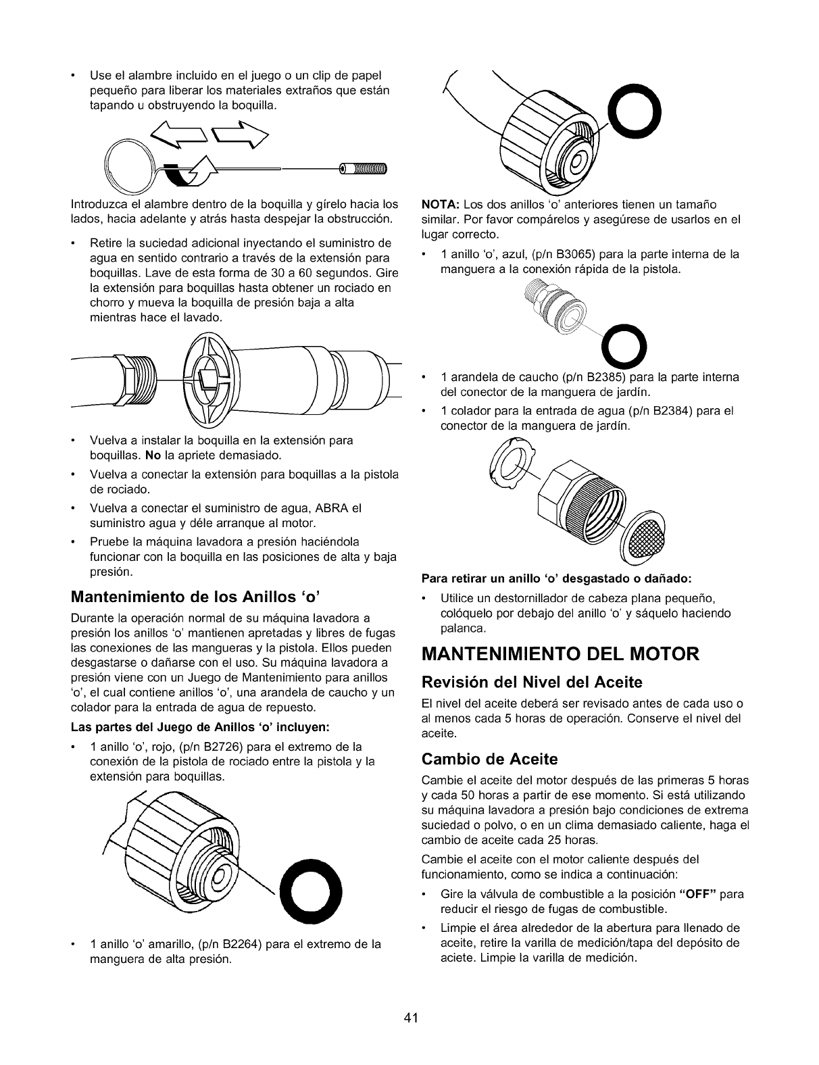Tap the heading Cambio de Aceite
489,758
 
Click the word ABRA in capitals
329,507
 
